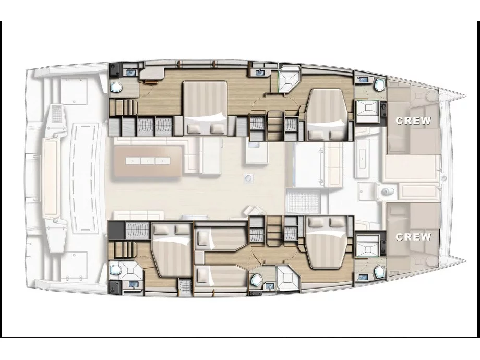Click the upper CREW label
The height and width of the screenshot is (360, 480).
click(x=413, y=121)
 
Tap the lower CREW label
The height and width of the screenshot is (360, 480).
click(x=413, y=237)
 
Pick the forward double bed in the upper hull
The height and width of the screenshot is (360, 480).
click(x=325, y=114)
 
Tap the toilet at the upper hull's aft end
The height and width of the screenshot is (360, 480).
click(x=116, y=87)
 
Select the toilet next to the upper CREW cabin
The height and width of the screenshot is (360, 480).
click(x=378, y=84)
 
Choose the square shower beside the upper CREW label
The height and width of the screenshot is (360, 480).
click(x=367, y=112)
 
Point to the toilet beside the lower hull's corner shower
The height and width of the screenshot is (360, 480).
click(x=256, y=280)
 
